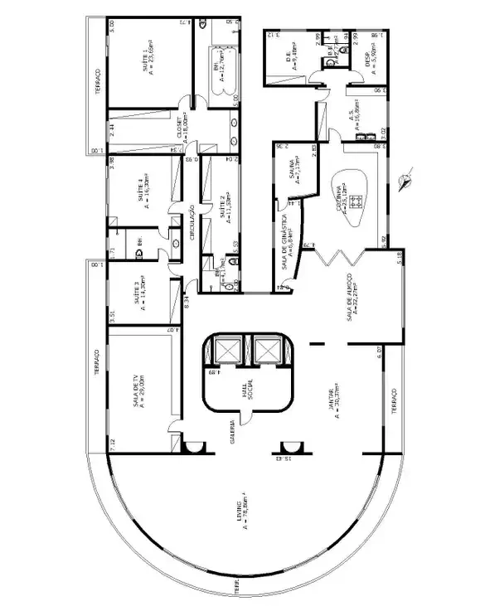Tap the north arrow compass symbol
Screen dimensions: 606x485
405,180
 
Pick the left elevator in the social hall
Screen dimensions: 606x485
226,348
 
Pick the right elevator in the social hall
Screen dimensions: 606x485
267,348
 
